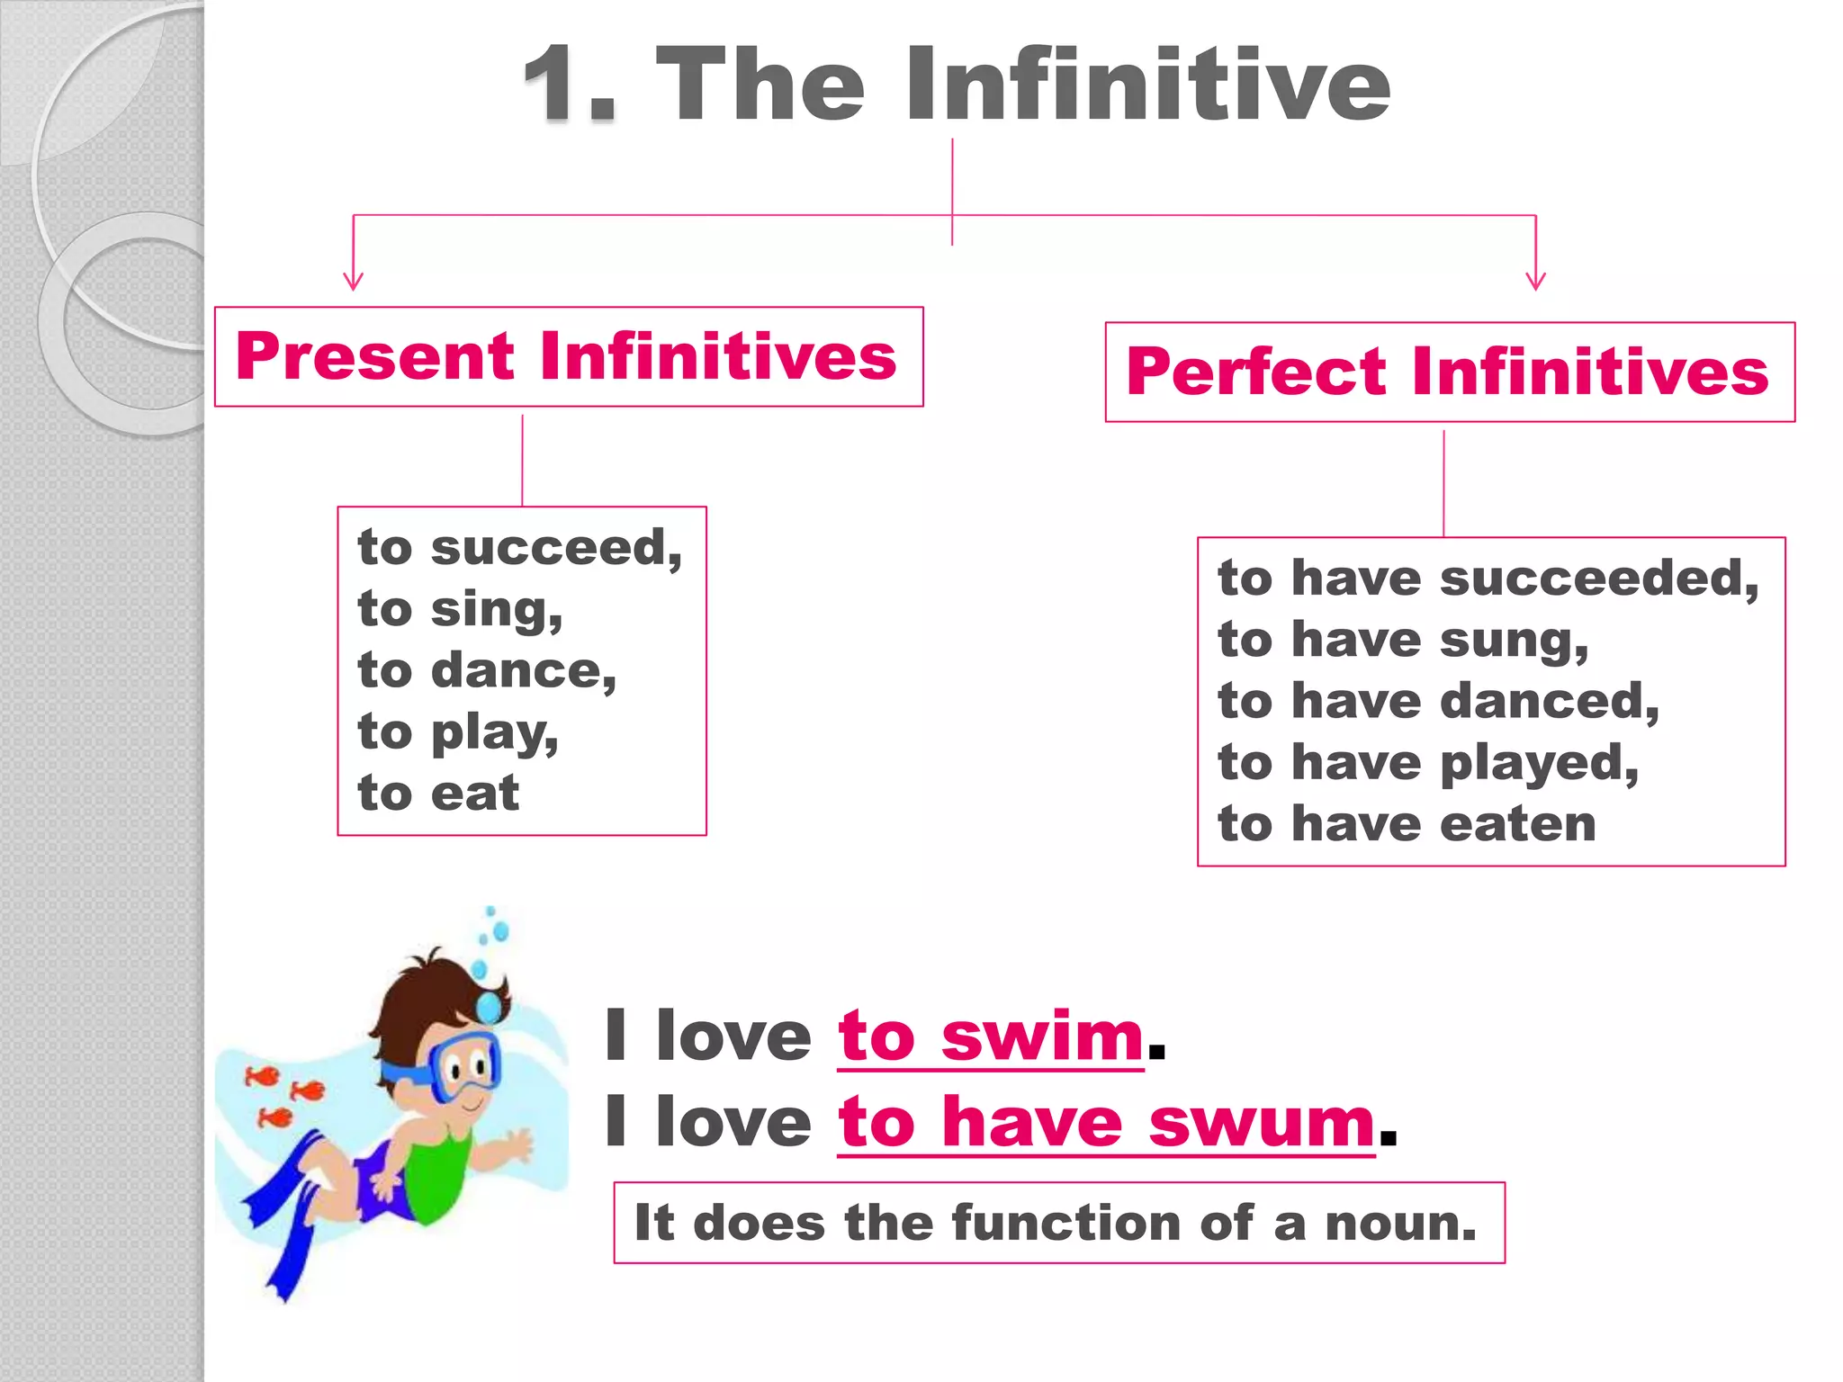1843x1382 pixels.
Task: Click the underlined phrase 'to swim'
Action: coord(990,1036)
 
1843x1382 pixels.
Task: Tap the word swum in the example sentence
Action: coord(1261,1123)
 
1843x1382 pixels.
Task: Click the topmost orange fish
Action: coord(264,1075)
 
